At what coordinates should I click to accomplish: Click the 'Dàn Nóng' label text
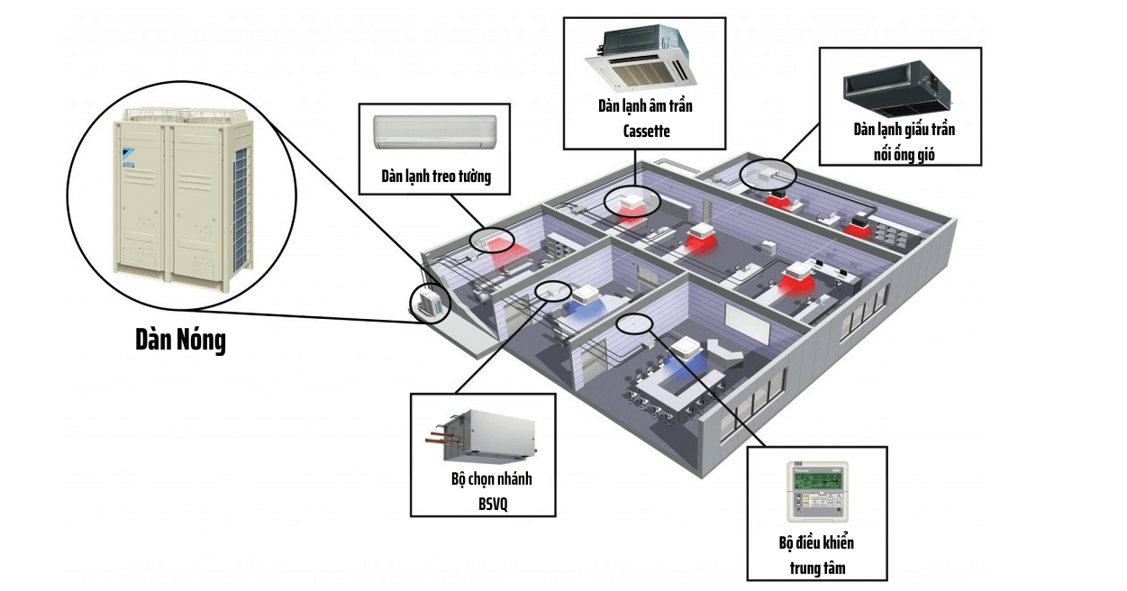click(180, 341)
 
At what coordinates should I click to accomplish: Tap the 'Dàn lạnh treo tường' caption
click(436, 176)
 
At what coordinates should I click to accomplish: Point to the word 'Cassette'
click(645, 131)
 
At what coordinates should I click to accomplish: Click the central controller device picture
click(817, 492)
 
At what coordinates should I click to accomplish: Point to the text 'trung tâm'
click(816, 568)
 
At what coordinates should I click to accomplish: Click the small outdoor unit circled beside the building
click(429, 302)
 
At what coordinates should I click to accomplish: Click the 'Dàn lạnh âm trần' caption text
click(645, 106)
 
